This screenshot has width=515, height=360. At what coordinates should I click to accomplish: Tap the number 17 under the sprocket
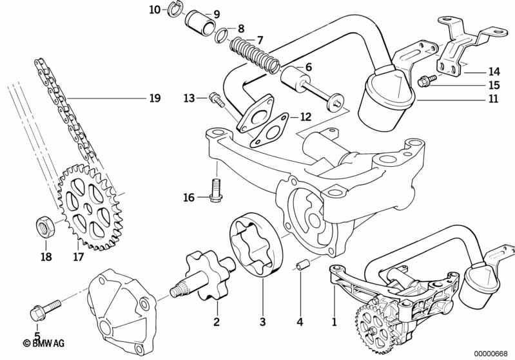coord(79,258)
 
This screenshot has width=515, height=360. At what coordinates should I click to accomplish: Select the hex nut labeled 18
coord(41,227)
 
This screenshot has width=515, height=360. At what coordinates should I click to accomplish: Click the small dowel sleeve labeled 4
coord(301,265)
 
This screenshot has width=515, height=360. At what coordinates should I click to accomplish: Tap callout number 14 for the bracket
coord(493,71)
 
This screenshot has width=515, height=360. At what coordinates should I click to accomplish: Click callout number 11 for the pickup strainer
coord(493,99)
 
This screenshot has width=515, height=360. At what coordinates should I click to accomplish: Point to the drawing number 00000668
coord(491,352)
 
